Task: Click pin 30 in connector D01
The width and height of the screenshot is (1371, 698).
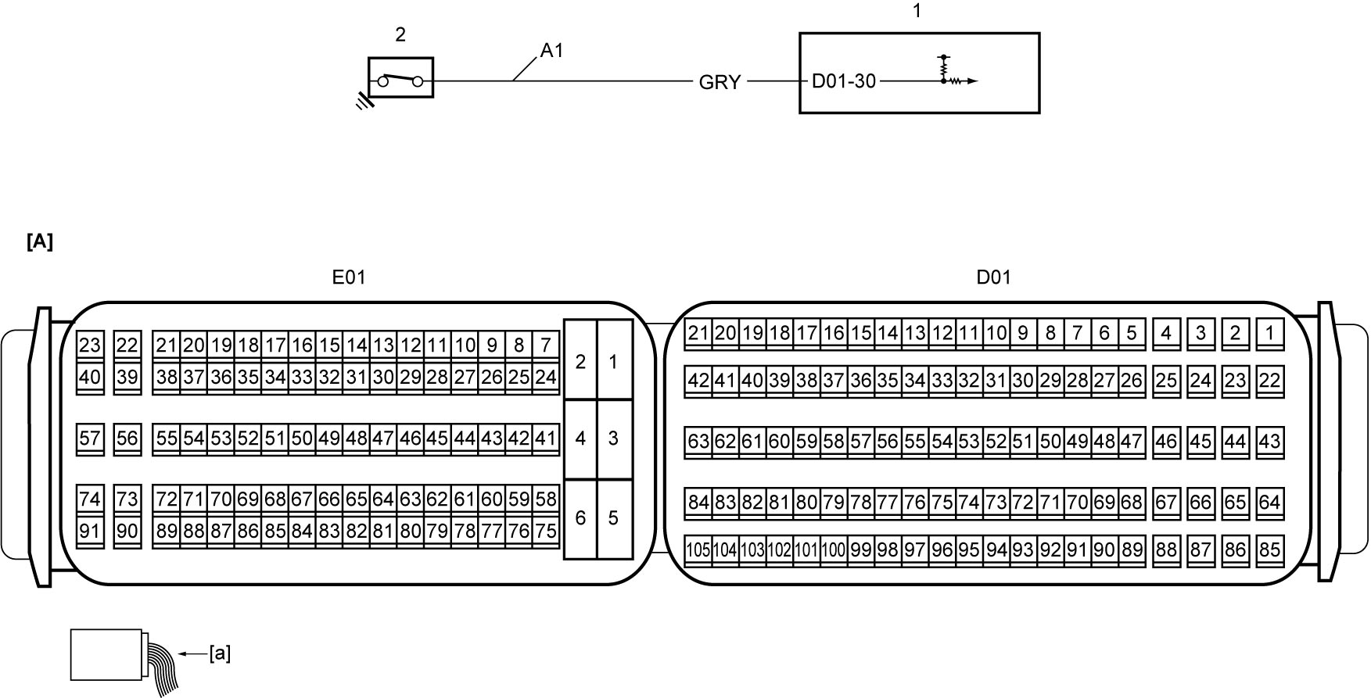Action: [1022, 381]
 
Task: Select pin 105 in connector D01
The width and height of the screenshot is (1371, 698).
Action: [698, 549]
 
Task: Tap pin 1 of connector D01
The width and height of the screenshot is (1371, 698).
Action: [1270, 334]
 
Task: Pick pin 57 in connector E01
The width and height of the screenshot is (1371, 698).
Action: [90, 438]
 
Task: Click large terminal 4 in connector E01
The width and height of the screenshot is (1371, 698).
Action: [580, 438]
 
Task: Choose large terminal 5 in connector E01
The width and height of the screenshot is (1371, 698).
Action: [614, 517]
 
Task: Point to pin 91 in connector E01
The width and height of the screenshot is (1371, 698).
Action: [90, 532]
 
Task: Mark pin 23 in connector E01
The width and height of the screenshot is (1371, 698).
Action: [90, 345]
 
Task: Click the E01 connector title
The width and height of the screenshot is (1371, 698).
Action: [349, 277]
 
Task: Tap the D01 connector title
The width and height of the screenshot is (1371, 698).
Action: [993, 277]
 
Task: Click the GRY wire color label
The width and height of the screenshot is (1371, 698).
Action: [720, 82]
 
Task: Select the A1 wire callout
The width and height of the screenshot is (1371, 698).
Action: [551, 51]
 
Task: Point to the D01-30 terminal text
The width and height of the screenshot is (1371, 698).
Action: [844, 81]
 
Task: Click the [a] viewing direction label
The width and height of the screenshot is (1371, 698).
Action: [220, 653]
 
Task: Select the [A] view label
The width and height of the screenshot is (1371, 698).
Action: [40, 242]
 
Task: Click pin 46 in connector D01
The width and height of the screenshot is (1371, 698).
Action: [1166, 442]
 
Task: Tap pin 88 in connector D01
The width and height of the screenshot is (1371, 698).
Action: [1166, 549]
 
